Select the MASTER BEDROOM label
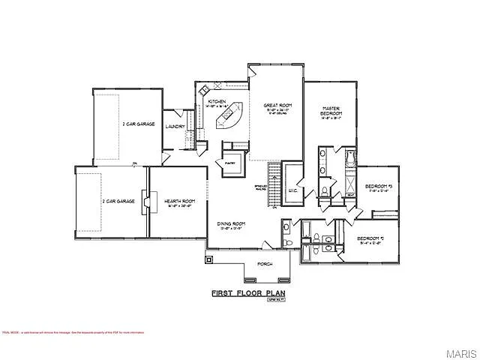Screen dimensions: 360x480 332,110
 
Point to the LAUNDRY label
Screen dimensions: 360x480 175,127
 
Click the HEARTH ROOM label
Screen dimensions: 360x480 178,201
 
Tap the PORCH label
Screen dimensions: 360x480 264,265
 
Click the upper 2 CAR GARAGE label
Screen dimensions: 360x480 139,124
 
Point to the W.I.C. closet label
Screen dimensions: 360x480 293,192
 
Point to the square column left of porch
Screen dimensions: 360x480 209,260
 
